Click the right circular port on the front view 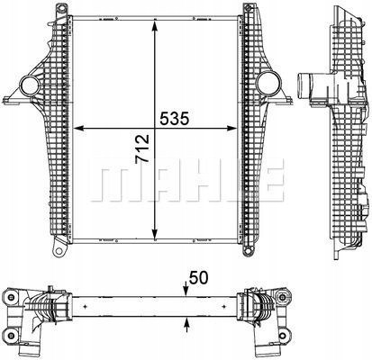[268, 86]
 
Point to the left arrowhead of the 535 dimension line [77, 128]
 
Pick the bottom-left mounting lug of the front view [57, 245]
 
